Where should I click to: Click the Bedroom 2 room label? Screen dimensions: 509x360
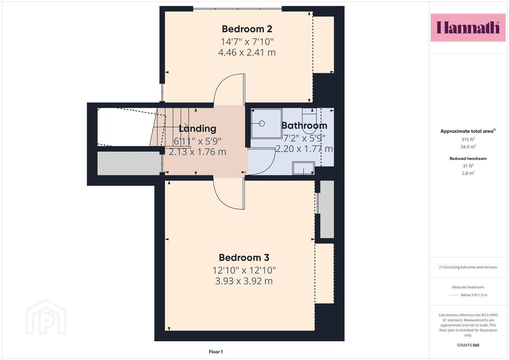pos(247,29)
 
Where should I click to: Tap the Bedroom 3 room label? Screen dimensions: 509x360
pos(244,258)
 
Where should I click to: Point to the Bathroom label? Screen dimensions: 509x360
pos(304,125)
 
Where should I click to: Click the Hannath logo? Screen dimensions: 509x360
pos(468,27)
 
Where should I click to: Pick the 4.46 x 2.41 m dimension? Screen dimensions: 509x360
pos(247,53)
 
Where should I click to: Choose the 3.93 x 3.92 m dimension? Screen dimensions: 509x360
pos(244,281)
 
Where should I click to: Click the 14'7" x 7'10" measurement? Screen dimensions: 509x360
pos(247,42)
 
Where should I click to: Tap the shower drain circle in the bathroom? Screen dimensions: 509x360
pos(262,123)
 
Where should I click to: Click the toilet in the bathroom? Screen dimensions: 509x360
pos(309,121)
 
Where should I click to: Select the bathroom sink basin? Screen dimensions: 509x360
pos(304,168)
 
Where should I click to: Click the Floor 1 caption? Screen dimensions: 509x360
pos(216,352)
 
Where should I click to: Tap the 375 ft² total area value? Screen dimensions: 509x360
pos(468,140)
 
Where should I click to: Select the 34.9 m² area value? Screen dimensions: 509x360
pos(468,147)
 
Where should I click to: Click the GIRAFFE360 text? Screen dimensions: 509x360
pos(468,345)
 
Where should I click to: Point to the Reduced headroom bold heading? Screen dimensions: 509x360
pos(468,158)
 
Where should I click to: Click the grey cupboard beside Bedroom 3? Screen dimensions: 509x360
pos(327,209)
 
